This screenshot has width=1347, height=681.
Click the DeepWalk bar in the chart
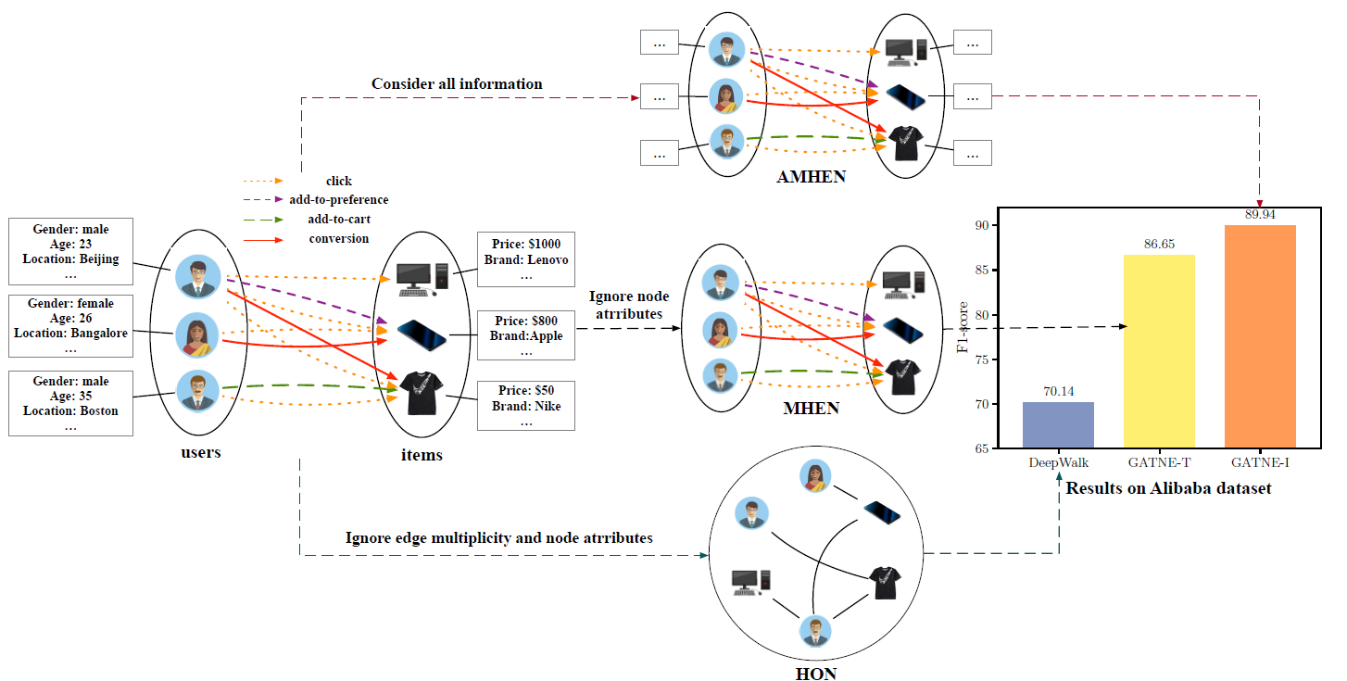pyautogui.click(x=1057, y=425)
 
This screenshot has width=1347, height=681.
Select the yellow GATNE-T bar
pyautogui.click(x=1158, y=352)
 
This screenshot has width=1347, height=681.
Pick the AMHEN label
pyautogui.click(x=811, y=176)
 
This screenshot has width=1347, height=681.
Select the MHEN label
pyautogui.click(x=811, y=409)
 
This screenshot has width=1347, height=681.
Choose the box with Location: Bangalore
pyautogui.click(x=70, y=325)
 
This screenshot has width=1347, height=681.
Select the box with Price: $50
pyautogui.click(x=525, y=405)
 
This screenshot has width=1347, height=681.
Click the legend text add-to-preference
pyautogui.click(x=338, y=200)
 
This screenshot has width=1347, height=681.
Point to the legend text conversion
pyautogui.click(x=338, y=239)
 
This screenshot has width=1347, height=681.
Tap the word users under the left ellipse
pyautogui.click(x=200, y=453)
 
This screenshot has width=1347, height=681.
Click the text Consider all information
pyautogui.click(x=457, y=84)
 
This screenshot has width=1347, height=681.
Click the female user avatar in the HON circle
pyautogui.click(x=814, y=476)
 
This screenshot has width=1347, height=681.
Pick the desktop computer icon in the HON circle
pyautogui.click(x=750, y=581)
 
